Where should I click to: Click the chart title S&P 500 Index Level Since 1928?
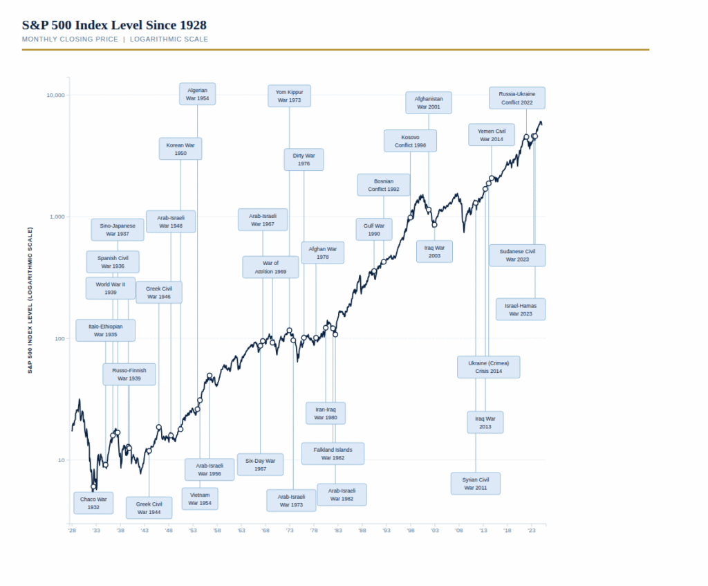point(114,26)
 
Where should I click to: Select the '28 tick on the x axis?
point(72,531)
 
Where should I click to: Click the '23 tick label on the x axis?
point(532,531)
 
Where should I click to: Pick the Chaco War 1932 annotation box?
point(93,503)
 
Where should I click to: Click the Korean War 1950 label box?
point(180,149)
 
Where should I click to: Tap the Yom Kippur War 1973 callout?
point(289,95)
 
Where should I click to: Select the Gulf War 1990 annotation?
point(374,230)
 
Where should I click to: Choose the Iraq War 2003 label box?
point(434,251)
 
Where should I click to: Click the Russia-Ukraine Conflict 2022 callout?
point(516,98)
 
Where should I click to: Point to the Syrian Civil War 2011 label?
point(476,484)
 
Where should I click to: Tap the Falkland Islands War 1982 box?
point(333,454)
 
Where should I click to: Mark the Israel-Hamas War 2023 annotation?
point(521,309)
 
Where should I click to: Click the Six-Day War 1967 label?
point(260,464)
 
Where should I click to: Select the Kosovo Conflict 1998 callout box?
point(410,141)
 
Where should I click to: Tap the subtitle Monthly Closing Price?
point(70,39)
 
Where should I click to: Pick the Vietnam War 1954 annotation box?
point(200,499)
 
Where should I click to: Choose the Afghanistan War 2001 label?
point(429,103)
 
